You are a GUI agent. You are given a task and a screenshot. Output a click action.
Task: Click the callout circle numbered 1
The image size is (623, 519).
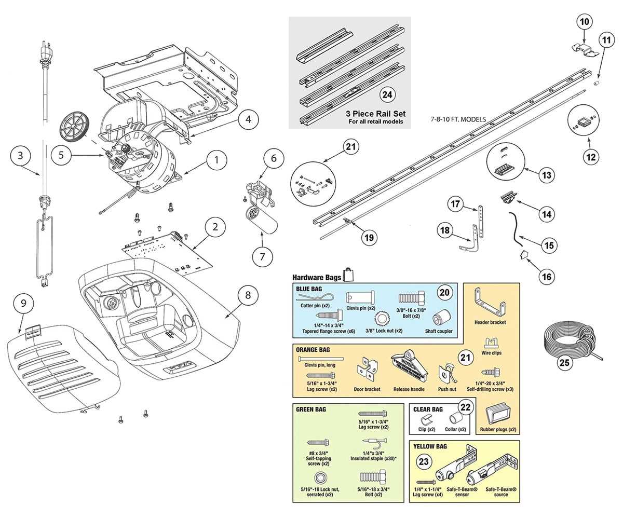[217, 160]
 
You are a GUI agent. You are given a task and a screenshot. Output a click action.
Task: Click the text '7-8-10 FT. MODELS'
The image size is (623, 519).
[458, 119]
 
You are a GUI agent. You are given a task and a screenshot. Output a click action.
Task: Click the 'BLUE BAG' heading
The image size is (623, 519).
[307, 288]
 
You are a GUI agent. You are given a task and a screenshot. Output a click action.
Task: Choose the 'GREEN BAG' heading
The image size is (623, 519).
[310, 409]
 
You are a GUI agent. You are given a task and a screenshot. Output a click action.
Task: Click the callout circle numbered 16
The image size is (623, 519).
[547, 277]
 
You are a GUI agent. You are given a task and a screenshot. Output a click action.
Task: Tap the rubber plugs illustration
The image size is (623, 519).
[498, 416]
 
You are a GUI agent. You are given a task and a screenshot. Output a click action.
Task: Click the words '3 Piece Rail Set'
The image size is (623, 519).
[376, 114]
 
